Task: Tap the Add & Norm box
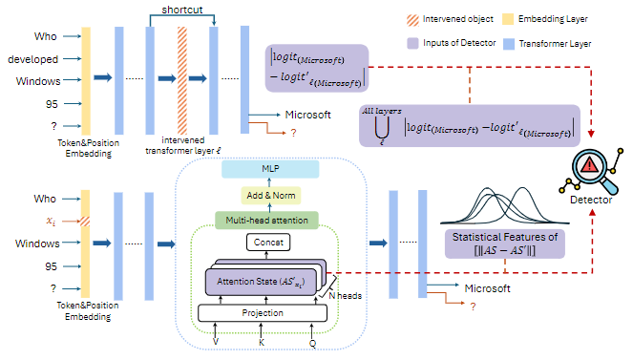(272, 195)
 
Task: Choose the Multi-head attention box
(272, 220)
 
